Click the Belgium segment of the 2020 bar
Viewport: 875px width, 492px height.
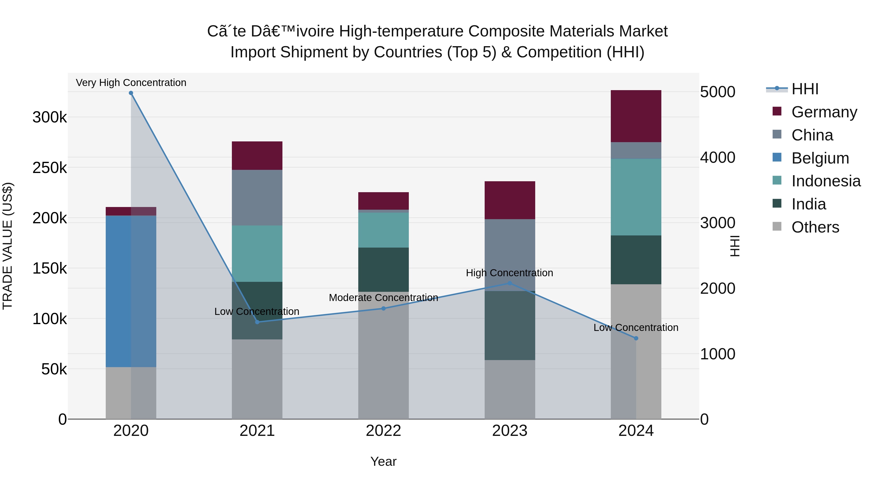pos(131,291)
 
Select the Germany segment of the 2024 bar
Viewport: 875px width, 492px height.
pos(636,116)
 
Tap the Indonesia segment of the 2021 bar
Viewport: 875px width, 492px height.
pos(257,254)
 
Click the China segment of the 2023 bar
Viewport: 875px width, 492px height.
pos(509,255)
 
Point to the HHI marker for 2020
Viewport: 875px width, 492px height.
pos(131,93)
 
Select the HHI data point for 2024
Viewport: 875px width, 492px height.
pos(636,338)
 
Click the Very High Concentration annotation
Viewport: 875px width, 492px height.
pos(131,83)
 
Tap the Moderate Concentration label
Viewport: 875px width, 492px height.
pos(384,297)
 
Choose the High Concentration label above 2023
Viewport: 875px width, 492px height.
pos(509,273)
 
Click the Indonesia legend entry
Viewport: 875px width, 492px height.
pos(825,181)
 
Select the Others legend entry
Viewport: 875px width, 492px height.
pos(815,227)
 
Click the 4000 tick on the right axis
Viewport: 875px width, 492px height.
pos(717,157)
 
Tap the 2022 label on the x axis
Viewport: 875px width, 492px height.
pos(384,431)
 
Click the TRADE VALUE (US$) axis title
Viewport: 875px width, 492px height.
pos(8,246)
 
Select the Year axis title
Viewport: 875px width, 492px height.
pos(384,461)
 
